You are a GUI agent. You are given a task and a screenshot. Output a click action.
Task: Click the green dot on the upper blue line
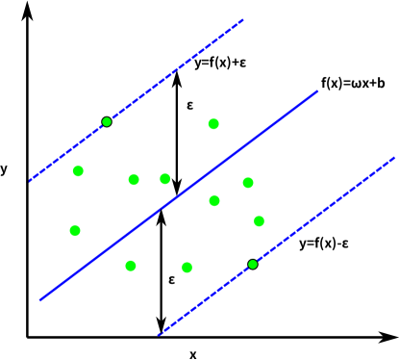107,121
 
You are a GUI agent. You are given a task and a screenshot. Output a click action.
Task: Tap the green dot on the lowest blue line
253,264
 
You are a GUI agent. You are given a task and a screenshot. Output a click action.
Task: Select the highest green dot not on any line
213,123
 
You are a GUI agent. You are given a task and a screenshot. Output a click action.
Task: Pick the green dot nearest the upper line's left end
78,170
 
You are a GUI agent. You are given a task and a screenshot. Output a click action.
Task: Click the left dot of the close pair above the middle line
134,179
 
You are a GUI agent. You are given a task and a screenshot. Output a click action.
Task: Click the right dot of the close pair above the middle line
165,178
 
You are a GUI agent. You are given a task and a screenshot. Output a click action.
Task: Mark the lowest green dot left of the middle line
75,230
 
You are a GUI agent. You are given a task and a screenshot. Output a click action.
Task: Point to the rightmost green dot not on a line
259,220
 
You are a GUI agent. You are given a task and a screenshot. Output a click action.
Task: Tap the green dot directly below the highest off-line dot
214,200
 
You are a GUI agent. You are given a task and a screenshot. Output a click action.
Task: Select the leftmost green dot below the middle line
131,265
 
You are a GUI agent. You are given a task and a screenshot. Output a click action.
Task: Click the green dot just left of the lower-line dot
187,267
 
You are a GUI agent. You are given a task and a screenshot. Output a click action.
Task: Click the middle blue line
179,195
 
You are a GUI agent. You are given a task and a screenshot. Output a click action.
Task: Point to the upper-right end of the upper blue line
242,19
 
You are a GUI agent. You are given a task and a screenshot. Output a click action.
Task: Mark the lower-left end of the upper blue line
30,180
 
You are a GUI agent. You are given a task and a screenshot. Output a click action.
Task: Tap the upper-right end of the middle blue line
317,91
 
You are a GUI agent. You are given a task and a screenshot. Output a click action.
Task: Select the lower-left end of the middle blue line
40,299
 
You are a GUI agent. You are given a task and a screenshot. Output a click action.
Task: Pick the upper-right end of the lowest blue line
394,157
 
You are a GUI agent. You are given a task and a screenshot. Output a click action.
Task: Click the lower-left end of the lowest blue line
159,335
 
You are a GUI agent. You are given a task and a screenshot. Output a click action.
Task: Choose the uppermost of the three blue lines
173,71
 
